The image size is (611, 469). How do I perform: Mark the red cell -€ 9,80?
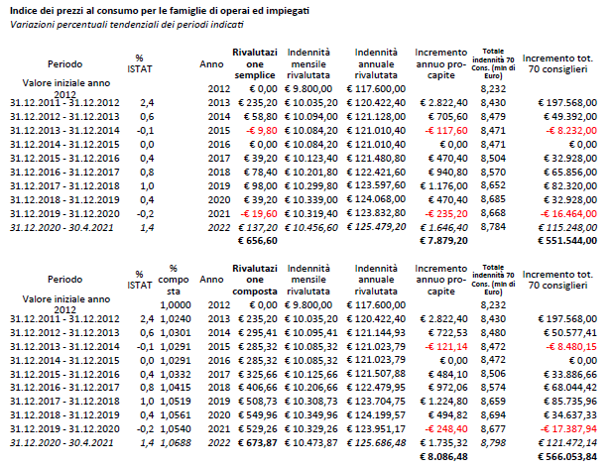pyautogui.click(x=261, y=130)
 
